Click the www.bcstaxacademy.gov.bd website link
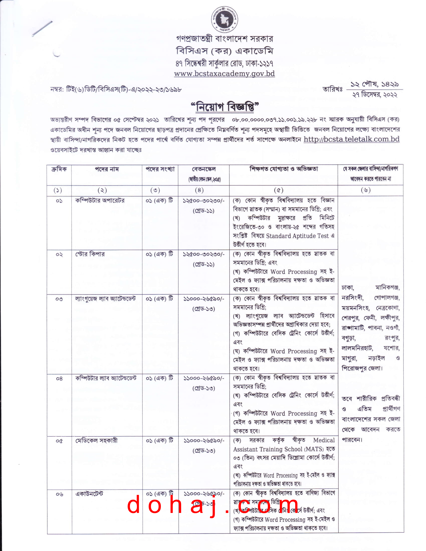224,74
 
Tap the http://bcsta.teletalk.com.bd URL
351,140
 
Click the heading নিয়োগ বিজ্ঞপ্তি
225,107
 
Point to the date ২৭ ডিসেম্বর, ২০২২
375,95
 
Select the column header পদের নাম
107,169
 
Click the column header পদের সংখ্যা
160,169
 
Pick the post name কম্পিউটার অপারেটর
100,201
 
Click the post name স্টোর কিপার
90,254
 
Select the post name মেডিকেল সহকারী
96,441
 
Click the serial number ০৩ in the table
59,299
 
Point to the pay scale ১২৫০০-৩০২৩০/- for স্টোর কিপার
203,254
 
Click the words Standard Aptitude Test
297,236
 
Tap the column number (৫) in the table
279,191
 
